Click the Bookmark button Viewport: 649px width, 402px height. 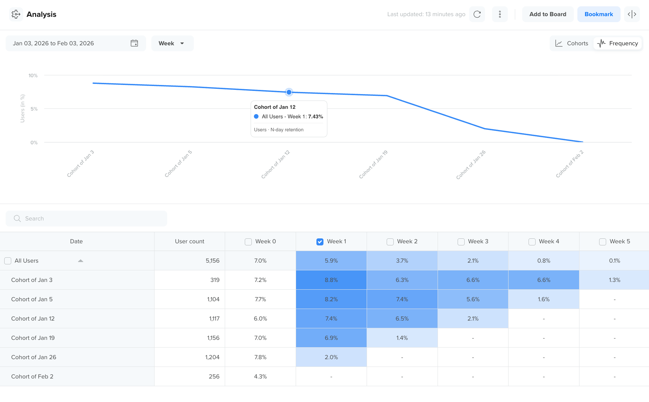pyautogui.click(x=598, y=14)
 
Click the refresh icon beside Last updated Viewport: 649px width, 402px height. pyautogui.click(x=477, y=14)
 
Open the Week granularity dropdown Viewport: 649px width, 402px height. pyautogui.click(x=172, y=44)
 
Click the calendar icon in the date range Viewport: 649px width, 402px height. pyautogui.click(x=134, y=44)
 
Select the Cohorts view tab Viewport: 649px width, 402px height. pyautogui.click(x=572, y=44)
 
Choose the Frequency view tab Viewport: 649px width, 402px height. pyautogui.click(x=618, y=44)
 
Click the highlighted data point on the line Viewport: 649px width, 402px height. pyautogui.click(x=289, y=92)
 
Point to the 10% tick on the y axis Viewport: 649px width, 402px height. pyautogui.click(x=33, y=75)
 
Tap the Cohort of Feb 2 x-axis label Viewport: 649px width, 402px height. pyautogui.click(x=569, y=164)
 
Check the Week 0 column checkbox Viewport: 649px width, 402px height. pyautogui.click(x=248, y=242)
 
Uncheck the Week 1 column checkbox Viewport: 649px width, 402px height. pyautogui.click(x=320, y=242)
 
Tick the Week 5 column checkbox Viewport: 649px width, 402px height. pyautogui.click(x=603, y=242)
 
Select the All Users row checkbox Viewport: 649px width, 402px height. pyautogui.click(x=8, y=261)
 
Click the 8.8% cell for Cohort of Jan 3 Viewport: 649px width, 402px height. pyautogui.click(x=331, y=280)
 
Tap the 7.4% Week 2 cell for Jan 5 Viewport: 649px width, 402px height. pyautogui.click(x=402, y=299)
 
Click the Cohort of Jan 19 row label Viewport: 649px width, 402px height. pyautogui.click(x=33, y=338)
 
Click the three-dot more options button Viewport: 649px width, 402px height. pyautogui.click(x=500, y=14)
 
